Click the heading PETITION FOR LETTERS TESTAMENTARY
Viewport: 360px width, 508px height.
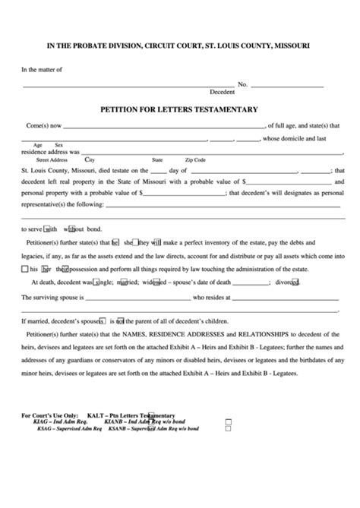pos(180,109)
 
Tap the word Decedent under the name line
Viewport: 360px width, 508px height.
pos(223,92)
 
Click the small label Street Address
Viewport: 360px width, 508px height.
pos(52,160)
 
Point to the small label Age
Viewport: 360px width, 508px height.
pos(37,144)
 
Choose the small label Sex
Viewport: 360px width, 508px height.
pos(58,144)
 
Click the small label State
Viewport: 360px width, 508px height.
pos(157,160)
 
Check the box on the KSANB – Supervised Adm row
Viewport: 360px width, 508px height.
pos(227,428)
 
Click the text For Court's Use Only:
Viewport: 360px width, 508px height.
pos(49,415)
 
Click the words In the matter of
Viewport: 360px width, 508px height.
pos(42,69)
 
